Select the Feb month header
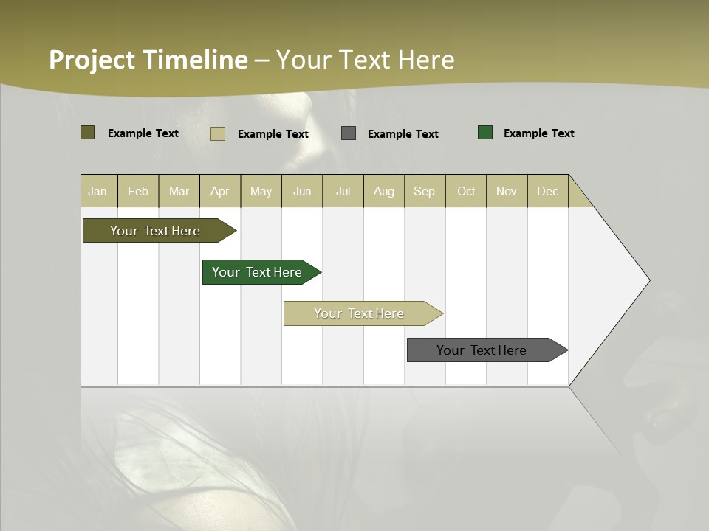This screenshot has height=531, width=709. pos(138,191)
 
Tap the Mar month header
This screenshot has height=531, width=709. pos(179,191)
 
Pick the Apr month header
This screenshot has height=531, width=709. pos(220,191)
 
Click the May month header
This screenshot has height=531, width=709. pos(261,191)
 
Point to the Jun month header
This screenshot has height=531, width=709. pos(302,191)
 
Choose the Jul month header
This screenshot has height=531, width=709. pos(343,191)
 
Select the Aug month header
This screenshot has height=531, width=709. pos(384,191)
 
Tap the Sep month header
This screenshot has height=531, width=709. pos(425,191)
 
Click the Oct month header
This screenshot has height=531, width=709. pos(466,191)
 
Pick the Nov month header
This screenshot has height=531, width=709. pos(507,191)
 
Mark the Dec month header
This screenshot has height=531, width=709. pos(548,191)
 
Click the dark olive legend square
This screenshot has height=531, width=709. pos(87,133)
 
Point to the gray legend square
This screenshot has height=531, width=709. pos(349,133)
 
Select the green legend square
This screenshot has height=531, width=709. pos(485,133)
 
